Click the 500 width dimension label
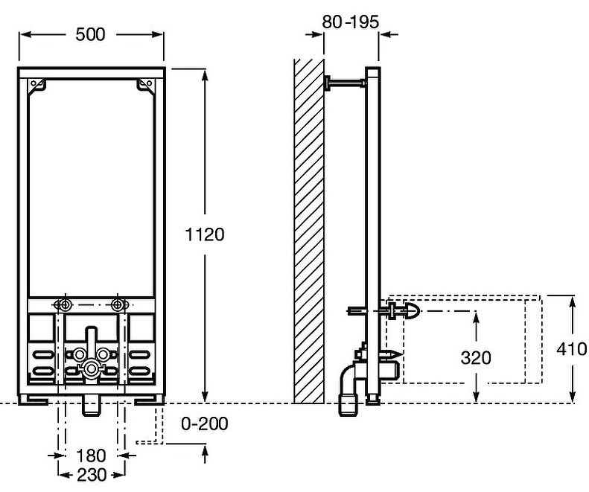click(x=89, y=34)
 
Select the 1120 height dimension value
click(x=204, y=234)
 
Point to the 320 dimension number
click(x=476, y=357)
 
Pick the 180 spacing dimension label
click(x=91, y=455)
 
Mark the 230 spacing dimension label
click(x=91, y=473)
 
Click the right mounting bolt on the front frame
click(x=116, y=304)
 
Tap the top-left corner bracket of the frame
click(x=37, y=87)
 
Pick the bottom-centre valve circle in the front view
click(x=90, y=366)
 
